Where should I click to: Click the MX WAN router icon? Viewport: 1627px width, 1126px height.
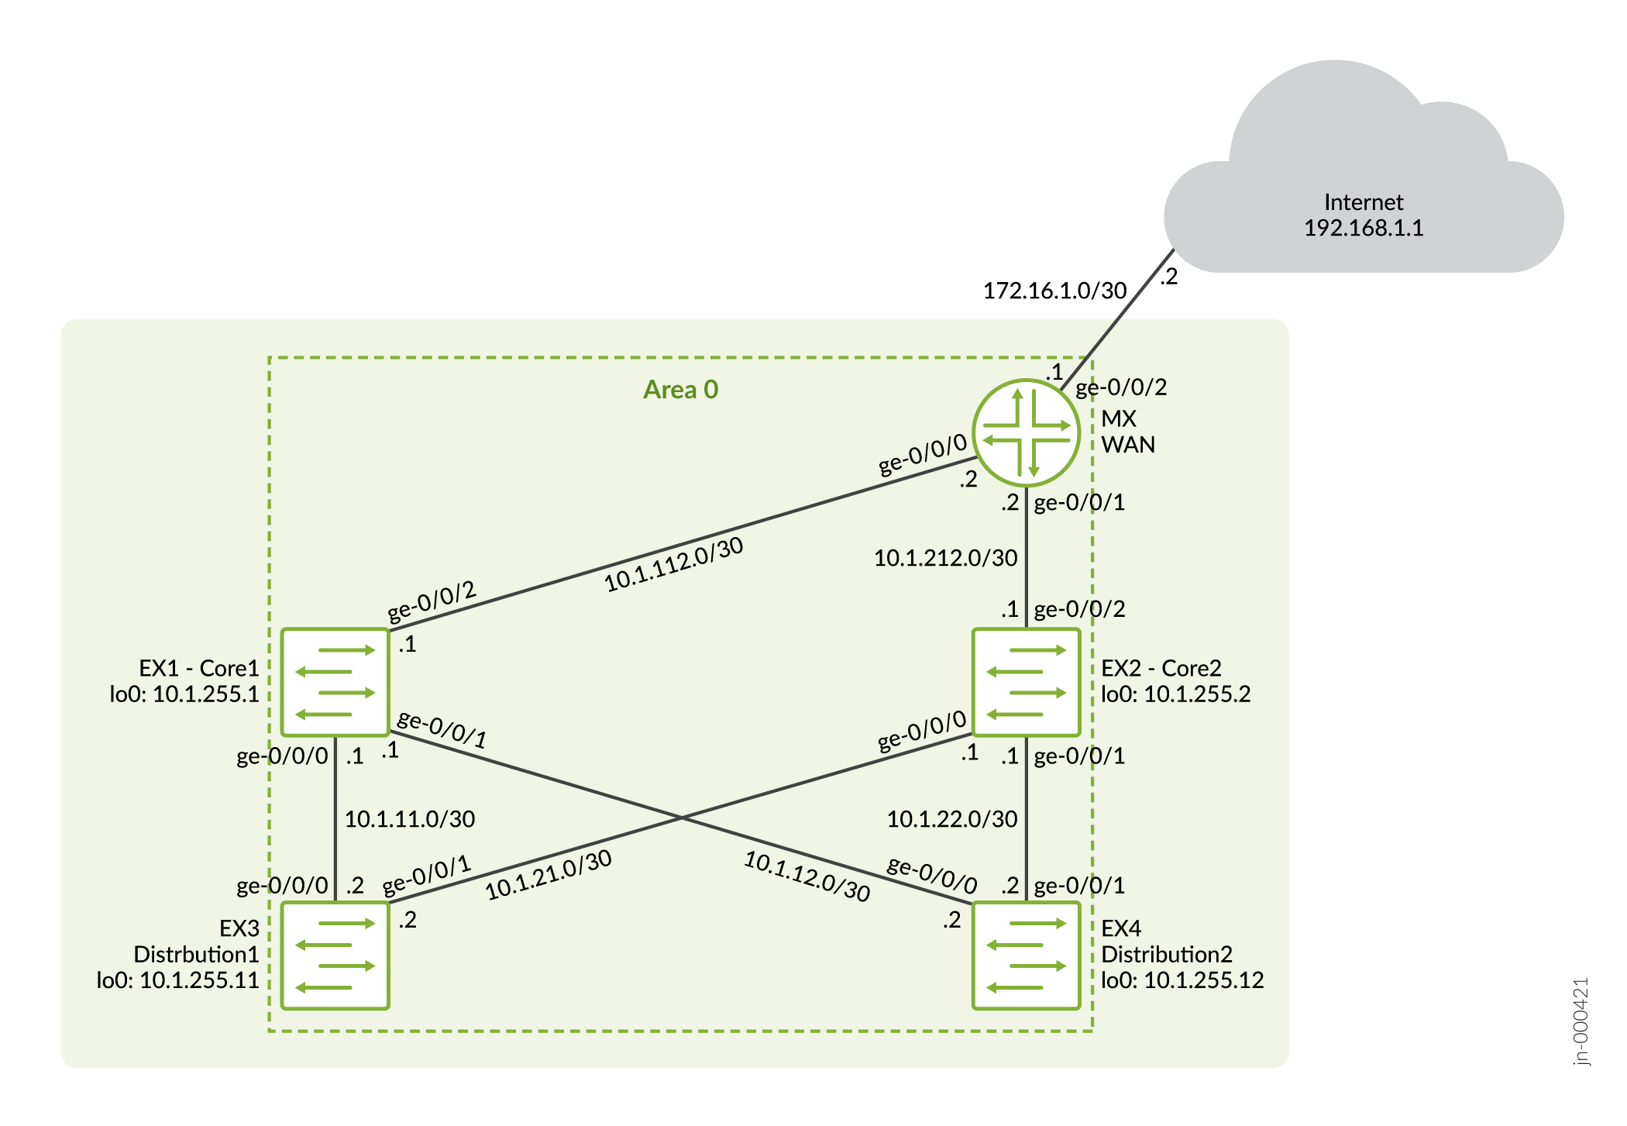click(1026, 432)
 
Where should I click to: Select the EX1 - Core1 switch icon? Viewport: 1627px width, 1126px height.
click(335, 682)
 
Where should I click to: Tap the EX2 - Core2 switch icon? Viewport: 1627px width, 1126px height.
click(1026, 682)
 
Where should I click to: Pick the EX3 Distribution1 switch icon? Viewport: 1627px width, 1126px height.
click(335, 956)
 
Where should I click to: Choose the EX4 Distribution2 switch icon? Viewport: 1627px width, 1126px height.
click(1026, 956)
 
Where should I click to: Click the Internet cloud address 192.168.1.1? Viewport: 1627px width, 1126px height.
click(1363, 229)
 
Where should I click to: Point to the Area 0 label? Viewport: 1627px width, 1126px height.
click(680, 390)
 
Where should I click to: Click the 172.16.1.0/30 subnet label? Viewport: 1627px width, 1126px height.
click(1054, 291)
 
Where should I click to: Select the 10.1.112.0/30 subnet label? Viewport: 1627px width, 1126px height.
click(673, 565)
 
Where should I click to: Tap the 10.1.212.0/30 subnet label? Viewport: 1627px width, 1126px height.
click(945, 559)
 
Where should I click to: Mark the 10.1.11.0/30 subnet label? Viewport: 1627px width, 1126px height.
click(409, 820)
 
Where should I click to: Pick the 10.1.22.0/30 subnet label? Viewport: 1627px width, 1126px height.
click(951, 820)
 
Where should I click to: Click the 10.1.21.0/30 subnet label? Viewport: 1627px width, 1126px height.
click(549, 876)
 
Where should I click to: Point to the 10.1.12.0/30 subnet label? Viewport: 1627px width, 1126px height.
click(807, 876)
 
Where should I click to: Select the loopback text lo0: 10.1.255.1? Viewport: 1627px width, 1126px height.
click(184, 694)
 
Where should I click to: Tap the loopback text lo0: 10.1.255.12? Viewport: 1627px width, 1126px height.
click(1182, 981)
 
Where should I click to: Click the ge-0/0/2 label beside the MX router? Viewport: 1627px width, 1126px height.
click(1120, 387)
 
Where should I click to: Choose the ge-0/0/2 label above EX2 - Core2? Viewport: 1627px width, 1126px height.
click(1079, 610)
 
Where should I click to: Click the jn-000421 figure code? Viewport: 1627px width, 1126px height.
click(1581, 1021)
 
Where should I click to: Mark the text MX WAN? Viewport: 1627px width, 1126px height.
click(1128, 432)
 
